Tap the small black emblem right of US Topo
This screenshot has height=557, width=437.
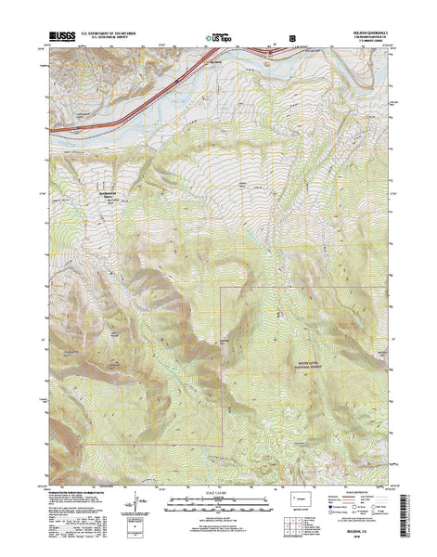coord(293,39)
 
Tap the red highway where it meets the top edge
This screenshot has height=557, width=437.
coord(270,53)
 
